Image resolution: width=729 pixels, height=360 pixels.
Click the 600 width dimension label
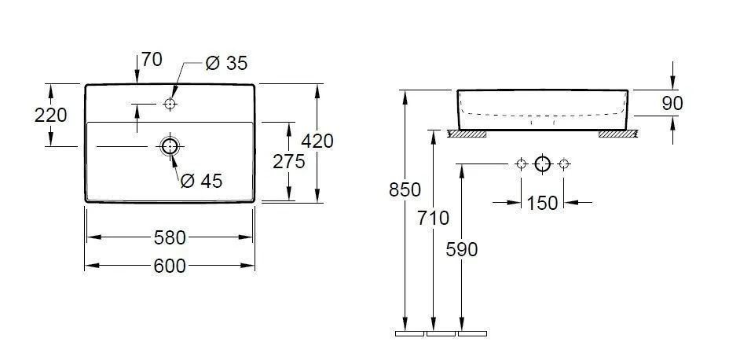point(170,266)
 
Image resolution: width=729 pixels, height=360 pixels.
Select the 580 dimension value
point(170,237)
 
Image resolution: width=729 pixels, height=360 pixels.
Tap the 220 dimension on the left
point(51,115)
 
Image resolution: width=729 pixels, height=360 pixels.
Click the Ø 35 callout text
point(226,64)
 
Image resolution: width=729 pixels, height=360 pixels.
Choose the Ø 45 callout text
point(201,181)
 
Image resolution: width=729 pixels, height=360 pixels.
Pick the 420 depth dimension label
point(317,141)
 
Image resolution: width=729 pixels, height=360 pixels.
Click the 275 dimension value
point(289,161)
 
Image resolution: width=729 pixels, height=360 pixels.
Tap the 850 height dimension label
point(405,189)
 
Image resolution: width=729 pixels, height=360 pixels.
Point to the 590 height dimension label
point(461,248)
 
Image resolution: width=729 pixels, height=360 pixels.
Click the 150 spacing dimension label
point(542,203)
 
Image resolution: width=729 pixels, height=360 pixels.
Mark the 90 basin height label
point(672,103)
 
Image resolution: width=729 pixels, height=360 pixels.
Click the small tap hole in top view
point(170,104)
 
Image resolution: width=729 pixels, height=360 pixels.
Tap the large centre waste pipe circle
point(542,164)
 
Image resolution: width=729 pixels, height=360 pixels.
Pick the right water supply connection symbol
point(563,164)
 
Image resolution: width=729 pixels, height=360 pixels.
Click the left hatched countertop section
point(467,134)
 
